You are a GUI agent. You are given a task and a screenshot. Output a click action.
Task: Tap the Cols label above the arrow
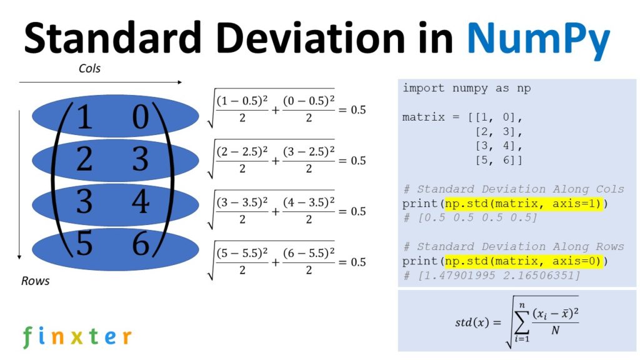coord(89,69)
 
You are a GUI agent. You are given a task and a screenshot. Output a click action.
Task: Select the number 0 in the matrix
coord(141,117)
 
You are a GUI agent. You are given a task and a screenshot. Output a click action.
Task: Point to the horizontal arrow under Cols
coord(100,81)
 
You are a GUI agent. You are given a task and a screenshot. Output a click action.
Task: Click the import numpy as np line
coord(466,88)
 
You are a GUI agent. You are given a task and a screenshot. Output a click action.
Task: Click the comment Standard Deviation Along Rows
coord(513,246)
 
